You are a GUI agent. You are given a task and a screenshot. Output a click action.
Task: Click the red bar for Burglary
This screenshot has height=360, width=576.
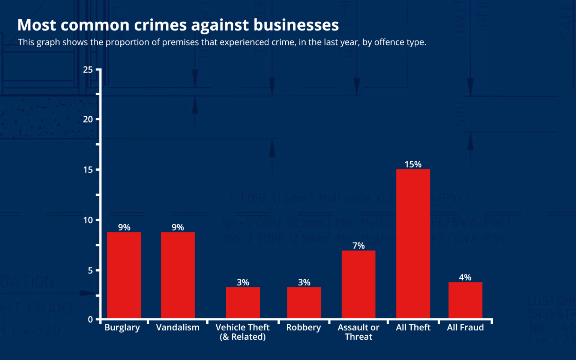coord(124,275)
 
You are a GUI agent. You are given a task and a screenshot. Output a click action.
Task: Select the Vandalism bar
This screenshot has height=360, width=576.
coord(178,275)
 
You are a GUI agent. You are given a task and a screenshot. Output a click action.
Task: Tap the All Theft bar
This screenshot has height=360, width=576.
coord(413,244)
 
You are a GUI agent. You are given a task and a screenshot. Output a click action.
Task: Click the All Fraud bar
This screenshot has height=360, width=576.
coord(465,300)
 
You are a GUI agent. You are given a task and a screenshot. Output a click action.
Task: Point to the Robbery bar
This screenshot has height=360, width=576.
coord(304,303)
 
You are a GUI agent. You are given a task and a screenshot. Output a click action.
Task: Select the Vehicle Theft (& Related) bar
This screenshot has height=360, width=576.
coord(243,303)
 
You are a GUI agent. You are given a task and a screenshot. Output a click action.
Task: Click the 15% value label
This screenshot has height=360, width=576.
coord(413,164)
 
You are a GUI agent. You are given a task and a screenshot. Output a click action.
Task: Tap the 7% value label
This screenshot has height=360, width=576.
coord(358,246)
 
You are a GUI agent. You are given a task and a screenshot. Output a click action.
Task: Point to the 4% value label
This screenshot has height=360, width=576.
coord(465,277)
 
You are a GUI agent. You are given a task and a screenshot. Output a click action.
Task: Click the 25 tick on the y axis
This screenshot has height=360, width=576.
coord(88,70)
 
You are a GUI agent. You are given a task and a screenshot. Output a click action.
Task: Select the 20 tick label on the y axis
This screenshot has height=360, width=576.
coord(88,119)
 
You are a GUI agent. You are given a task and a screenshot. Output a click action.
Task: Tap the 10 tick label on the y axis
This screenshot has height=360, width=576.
coord(88,220)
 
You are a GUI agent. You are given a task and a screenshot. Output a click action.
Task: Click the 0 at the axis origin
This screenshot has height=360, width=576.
coord(90,319)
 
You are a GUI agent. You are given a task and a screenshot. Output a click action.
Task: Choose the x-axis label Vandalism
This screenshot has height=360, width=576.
coord(178,327)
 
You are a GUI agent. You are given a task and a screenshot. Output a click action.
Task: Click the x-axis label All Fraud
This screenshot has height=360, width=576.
coord(465,327)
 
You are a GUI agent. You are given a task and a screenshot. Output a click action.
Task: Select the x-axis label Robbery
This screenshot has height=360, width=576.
coord(303,327)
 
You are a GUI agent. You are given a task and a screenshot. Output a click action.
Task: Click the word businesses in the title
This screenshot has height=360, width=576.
coord(296,25)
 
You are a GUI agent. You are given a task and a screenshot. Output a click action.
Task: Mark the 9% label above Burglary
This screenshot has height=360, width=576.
coord(124,227)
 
